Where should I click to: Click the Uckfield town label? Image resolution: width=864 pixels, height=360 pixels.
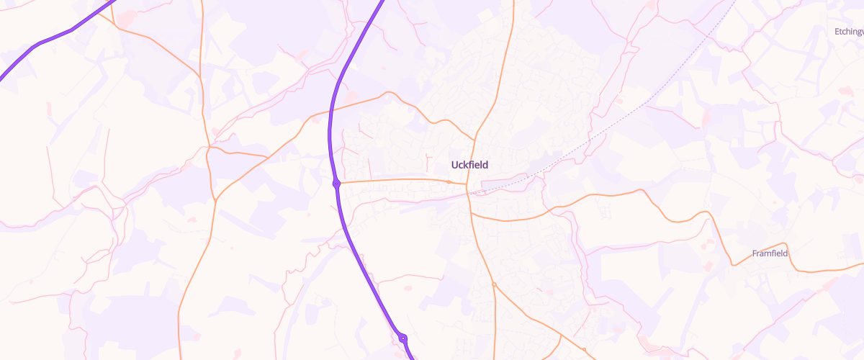point(469,165)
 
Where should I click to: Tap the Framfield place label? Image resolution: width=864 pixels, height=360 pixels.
point(770,253)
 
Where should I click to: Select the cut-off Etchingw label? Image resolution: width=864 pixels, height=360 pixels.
point(848,32)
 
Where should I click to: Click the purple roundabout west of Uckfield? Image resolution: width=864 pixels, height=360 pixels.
point(336,184)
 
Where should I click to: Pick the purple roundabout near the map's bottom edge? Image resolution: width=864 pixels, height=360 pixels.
point(403,338)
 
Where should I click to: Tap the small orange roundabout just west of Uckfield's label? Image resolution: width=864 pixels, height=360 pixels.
point(449,181)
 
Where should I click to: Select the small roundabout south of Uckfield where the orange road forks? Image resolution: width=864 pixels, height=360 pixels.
point(494,285)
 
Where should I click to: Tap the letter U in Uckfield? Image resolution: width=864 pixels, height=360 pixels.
point(454,165)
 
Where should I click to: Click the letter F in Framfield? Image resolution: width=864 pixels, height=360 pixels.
point(755,253)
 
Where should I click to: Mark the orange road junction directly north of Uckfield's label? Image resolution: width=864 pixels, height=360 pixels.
point(476,136)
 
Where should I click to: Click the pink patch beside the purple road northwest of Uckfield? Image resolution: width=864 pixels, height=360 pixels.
point(351,96)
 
